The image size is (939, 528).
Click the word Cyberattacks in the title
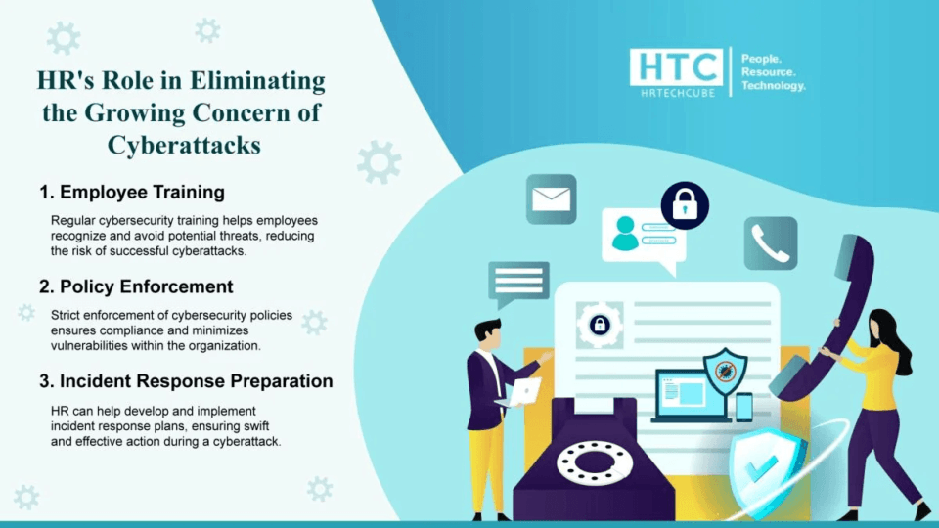[x=184, y=145]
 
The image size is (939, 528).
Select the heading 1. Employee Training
[x=132, y=192]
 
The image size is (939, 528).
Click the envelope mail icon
[x=551, y=199]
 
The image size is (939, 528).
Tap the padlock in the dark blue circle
[x=685, y=205]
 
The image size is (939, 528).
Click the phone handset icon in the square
[x=771, y=243]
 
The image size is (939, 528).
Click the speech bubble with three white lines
[x=517, y=282]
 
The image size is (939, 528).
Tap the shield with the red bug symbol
[x=725, y=370]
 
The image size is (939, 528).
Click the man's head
[x=488, y=332]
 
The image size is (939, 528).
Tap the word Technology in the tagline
[x=773, y=86]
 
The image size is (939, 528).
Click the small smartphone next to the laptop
[x=744, y=407]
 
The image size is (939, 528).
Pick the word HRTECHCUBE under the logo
[x=678, y=92]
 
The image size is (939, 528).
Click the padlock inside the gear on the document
[x=600, y=326]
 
